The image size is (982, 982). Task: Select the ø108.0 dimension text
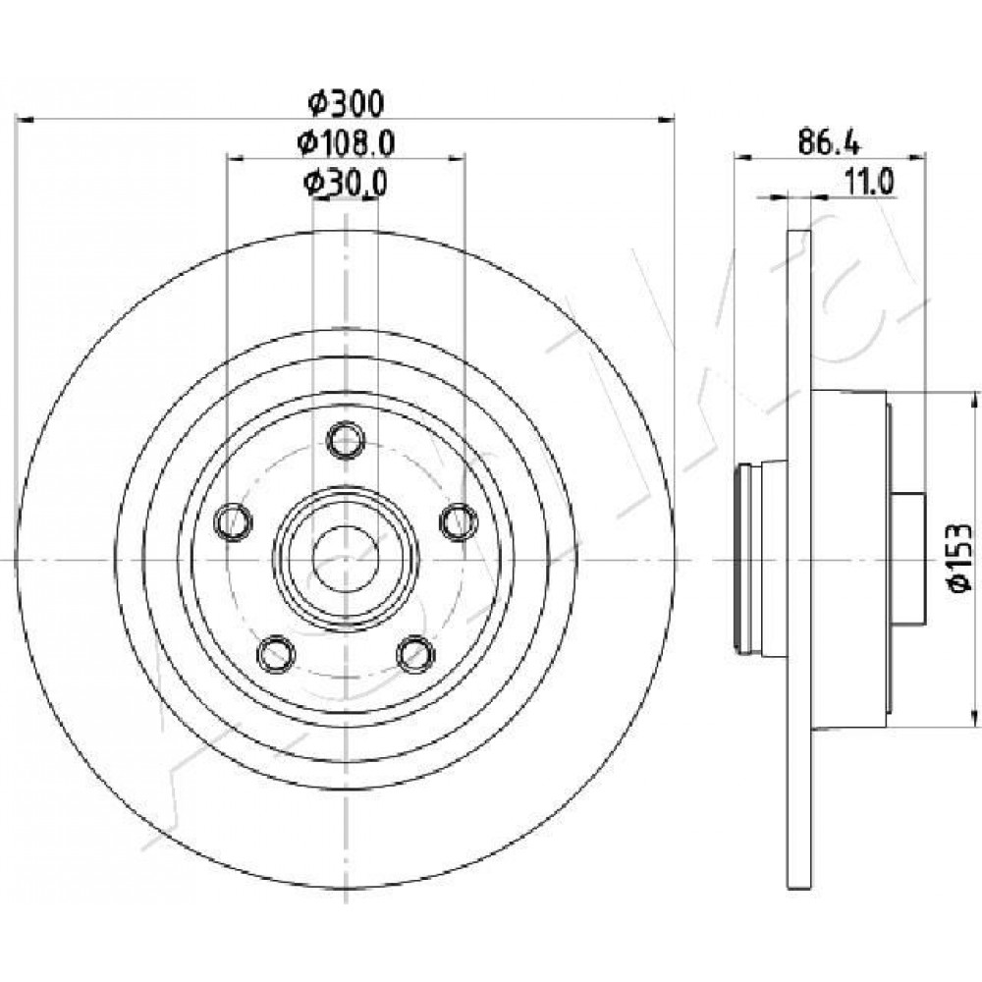(347, 144)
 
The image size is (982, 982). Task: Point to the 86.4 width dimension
(830, 143)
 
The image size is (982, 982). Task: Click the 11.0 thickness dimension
(869, 183)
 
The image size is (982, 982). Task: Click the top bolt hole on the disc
(346, 440)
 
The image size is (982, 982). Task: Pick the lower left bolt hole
(276, 654)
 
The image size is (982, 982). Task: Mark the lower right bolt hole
(415, 654)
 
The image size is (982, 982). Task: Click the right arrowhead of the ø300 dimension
(665, 118)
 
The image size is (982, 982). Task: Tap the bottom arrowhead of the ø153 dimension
(974, 718)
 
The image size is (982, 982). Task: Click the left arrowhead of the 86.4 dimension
(743, 157)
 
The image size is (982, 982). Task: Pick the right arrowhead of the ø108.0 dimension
(456, 158)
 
